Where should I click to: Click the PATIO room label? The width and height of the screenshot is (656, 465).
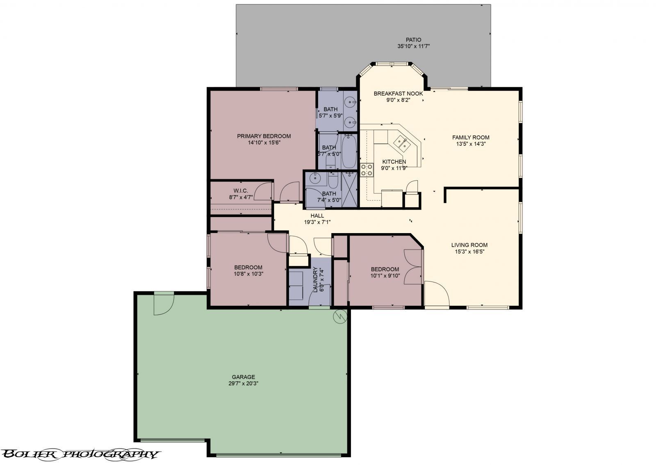413,39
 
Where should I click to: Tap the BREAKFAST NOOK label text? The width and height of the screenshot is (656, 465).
398,94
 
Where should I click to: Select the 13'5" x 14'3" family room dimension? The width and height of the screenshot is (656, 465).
471,144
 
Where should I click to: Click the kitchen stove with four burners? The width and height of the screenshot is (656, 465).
367,170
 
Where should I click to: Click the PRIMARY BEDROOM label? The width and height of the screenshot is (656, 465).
264,136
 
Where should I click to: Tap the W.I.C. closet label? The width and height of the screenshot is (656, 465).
241,191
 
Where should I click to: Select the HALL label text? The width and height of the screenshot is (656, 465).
317,216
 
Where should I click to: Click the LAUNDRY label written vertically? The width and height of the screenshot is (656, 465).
315,279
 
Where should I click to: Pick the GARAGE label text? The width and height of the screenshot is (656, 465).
243,377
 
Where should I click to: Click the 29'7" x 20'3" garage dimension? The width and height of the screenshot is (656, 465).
243,383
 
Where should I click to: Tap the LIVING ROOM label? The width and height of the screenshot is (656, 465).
469,245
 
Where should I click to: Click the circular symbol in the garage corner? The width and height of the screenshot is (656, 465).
340,317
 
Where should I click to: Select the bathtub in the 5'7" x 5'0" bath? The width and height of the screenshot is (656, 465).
348,151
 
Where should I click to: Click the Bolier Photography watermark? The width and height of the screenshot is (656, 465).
80,454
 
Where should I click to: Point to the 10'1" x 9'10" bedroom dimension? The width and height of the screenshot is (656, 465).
385,276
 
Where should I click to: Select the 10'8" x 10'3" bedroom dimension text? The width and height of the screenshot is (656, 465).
248,274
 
